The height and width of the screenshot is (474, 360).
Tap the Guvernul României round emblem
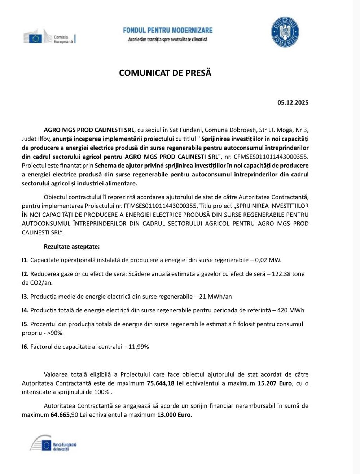(285, 32)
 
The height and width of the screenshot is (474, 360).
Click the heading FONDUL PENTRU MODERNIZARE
(168, 31)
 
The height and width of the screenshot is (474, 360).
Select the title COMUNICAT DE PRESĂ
(165, 73)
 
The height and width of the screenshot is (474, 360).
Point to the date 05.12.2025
(293, 102)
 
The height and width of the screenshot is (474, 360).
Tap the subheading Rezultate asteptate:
(71, 247)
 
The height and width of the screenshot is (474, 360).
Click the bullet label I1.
(25, 260)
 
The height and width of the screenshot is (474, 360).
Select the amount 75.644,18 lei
(165, 383)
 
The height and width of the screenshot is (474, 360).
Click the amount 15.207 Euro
(275, 383)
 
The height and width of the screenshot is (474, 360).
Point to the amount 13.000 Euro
(174, 415)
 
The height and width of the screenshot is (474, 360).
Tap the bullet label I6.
(25, 347)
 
